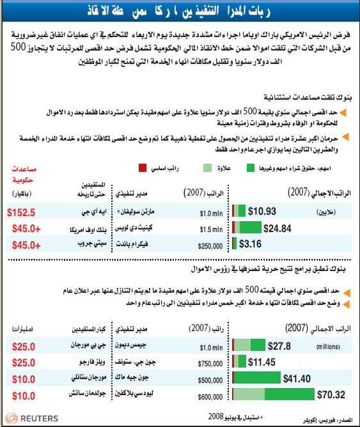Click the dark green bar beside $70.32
(288, 395)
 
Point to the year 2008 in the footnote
(217, 416)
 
